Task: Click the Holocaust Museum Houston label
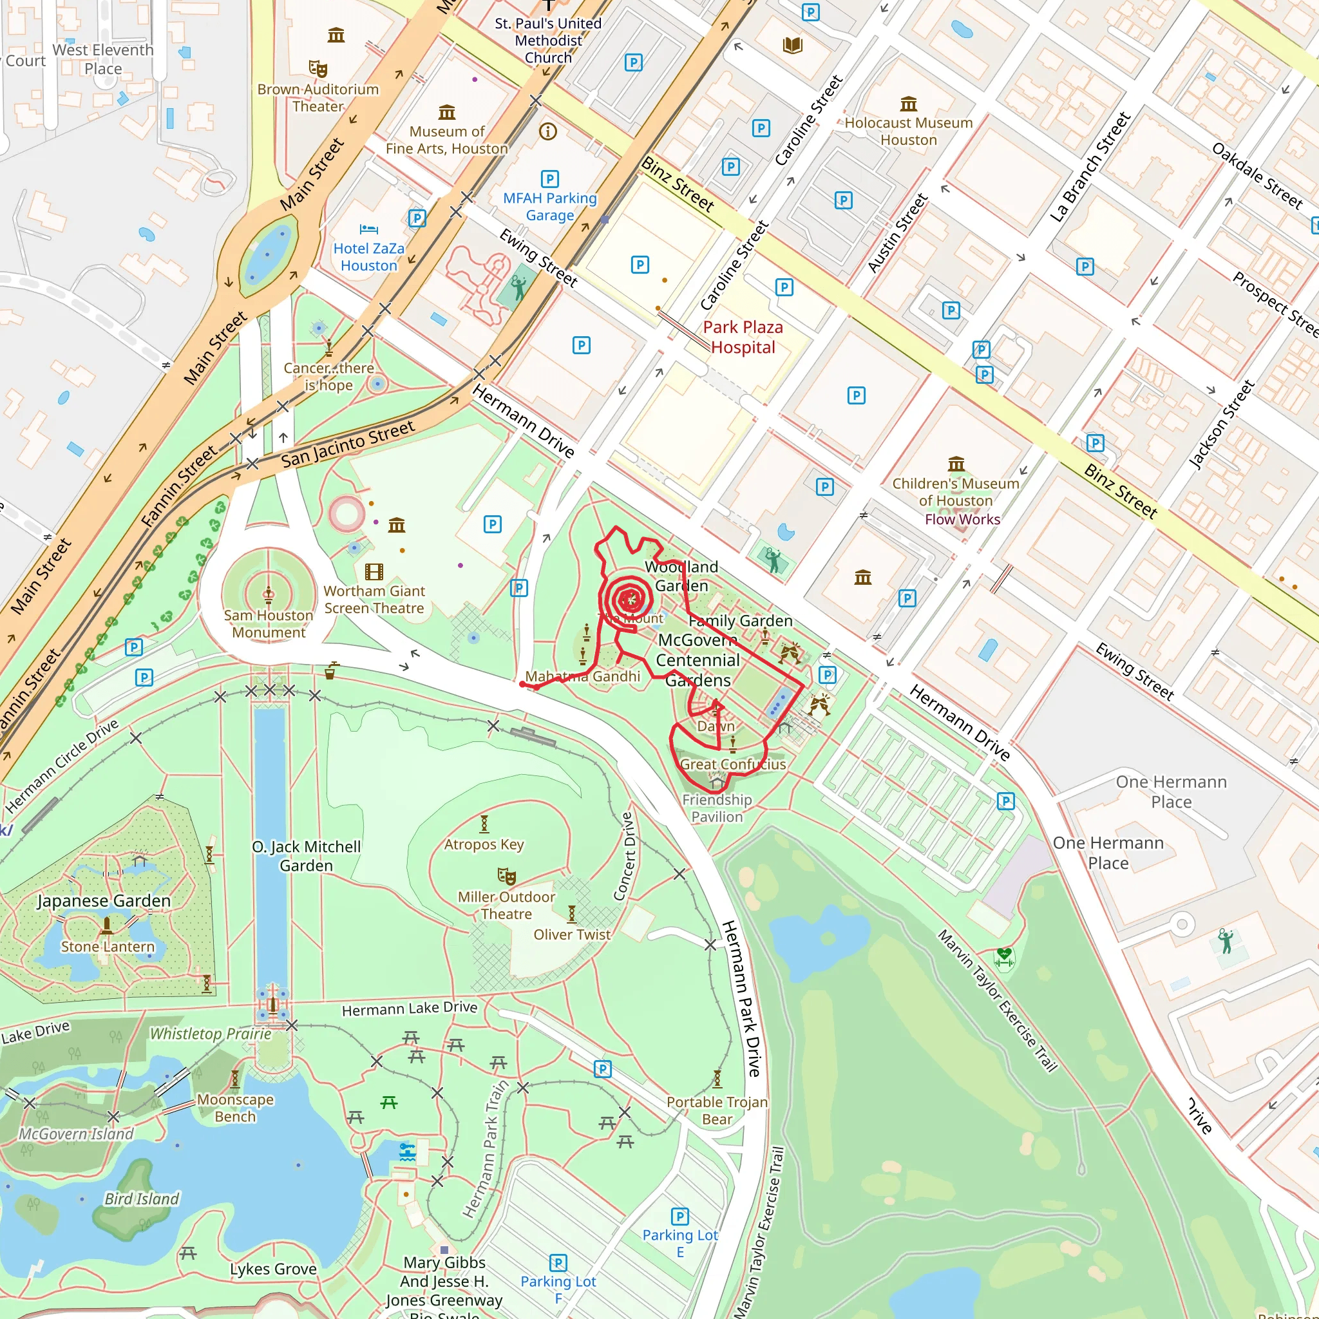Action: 908,131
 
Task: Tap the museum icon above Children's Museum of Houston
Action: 956,464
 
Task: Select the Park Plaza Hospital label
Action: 743,337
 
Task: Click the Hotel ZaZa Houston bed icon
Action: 368,229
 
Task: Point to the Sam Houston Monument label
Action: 269,623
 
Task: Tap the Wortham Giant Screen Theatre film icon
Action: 374,571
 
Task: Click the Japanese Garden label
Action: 104,900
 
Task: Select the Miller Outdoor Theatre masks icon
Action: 506,876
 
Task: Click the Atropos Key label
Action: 484,844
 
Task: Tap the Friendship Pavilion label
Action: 717,808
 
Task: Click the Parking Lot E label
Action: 680,1243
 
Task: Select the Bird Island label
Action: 142,1199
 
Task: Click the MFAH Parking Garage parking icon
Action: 549,179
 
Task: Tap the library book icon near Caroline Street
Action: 792,46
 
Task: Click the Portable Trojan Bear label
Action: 717,1110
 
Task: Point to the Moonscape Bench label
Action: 235,1108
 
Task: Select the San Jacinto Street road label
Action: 348,444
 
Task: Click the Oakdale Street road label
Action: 1257,175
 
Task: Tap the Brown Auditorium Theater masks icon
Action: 318,68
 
